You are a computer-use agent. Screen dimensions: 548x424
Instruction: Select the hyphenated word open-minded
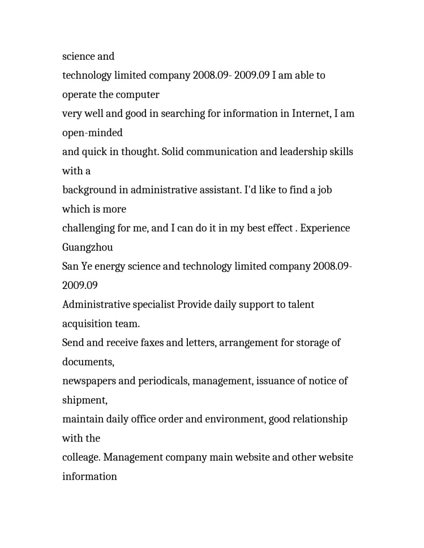coord(92,133)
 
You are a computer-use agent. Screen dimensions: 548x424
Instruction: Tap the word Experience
coord(325,228)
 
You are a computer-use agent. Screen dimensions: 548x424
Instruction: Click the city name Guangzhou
coord(87,247)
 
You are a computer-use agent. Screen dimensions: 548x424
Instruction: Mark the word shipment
coord(84,400)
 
